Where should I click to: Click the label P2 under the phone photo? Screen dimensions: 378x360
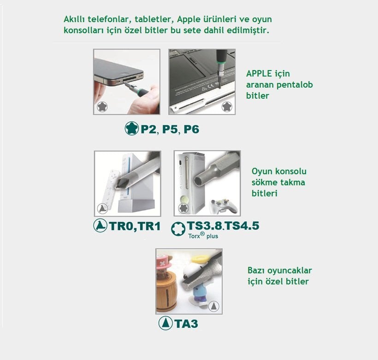[x=148, y=129]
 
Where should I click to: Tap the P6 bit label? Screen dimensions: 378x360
[x=191, y=129]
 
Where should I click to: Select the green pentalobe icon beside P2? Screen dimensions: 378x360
[x=132, y=128]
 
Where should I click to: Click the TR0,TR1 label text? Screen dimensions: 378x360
[x=135, y=226]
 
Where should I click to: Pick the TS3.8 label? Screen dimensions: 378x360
[x=204, y=226]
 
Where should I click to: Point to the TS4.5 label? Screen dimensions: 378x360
[x=242, y=226]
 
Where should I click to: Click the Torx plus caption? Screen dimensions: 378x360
[x=203, y=236]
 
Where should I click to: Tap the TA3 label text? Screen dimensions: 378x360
[x=186, y=324]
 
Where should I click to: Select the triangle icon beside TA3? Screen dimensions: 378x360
[x=165, y=323]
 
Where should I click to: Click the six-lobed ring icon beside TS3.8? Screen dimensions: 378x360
[x=178, y=229]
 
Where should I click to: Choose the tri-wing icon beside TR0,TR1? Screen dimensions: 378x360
[x=100, y=225]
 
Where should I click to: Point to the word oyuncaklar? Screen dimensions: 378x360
[x=290, y=271]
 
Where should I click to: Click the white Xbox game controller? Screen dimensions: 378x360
[x=223, y=206]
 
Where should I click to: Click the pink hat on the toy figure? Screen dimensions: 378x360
[x=165, y=260]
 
